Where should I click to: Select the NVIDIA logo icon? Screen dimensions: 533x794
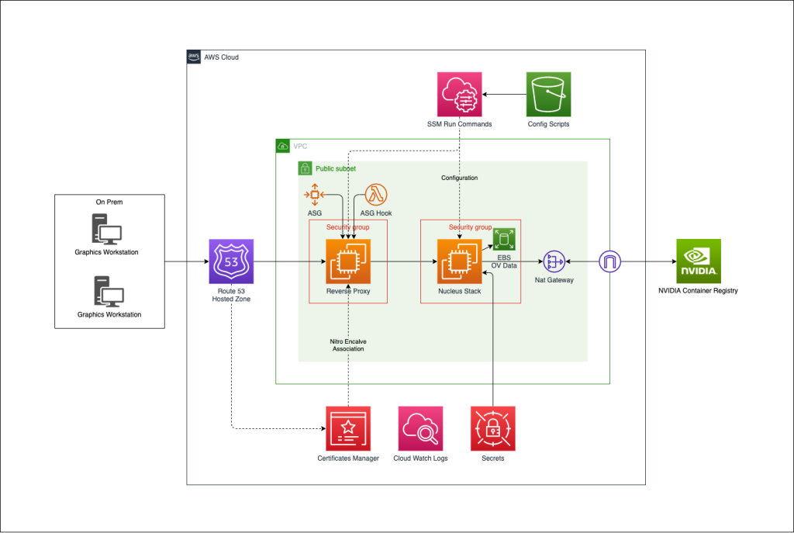(x=699, y=261)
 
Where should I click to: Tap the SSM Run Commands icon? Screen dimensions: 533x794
(x=459, y=95)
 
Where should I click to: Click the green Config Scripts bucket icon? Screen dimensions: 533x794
(x=548, y=95)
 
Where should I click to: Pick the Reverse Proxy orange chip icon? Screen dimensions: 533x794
(x=348, y=261)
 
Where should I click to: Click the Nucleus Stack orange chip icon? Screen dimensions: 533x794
(x=460, y=261)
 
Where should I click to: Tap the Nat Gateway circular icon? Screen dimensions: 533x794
(x=554, y=261)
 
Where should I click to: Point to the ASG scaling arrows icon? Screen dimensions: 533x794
(x=315, y=194)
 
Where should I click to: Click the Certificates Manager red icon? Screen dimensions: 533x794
(x=348, y=428)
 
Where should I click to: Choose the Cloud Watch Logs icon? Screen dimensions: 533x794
(x=420, y=428)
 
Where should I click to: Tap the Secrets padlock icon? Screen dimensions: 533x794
(x=493, y=428)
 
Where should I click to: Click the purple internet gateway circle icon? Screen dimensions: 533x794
(x=610, y=261)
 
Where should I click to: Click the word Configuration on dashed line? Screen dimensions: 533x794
(x=460, y=178)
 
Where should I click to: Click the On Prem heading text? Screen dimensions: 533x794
(x=109, y=202)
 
